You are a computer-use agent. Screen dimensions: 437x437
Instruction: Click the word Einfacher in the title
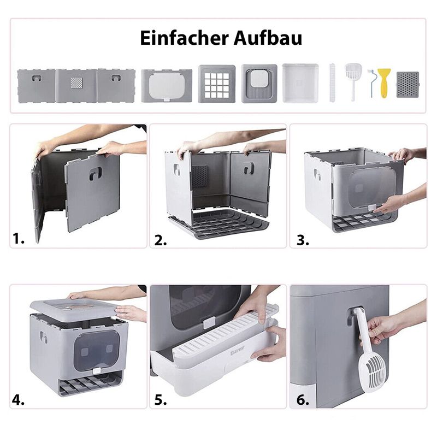coord(184,38)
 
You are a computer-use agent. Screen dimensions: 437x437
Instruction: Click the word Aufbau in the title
coord(268,38)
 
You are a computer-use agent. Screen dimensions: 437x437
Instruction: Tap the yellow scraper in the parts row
coord(384,83)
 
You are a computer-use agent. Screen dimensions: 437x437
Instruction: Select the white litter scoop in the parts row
coord(353,81)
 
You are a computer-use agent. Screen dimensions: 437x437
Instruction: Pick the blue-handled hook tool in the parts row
coord(371,82)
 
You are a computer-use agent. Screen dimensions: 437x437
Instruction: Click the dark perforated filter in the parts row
coord(408,85)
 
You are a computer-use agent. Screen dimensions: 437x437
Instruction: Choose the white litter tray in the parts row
coord(300,83)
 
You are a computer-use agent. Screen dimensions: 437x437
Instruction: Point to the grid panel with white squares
coord(217,84)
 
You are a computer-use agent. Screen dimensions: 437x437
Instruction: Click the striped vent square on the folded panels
coord(76,83)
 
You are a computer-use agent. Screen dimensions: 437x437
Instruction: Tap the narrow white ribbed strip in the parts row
coord(332,82)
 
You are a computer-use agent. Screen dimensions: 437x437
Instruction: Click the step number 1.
coord(19,239)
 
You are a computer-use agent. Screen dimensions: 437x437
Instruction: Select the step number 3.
coord(303,240)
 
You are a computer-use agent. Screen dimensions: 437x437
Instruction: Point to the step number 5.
coord(161,400)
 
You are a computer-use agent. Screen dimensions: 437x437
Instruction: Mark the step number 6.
coord(303,400)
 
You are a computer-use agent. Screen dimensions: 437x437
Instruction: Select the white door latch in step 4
coord(97,370)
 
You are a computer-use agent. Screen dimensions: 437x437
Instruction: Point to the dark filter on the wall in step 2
coord(200,176)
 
